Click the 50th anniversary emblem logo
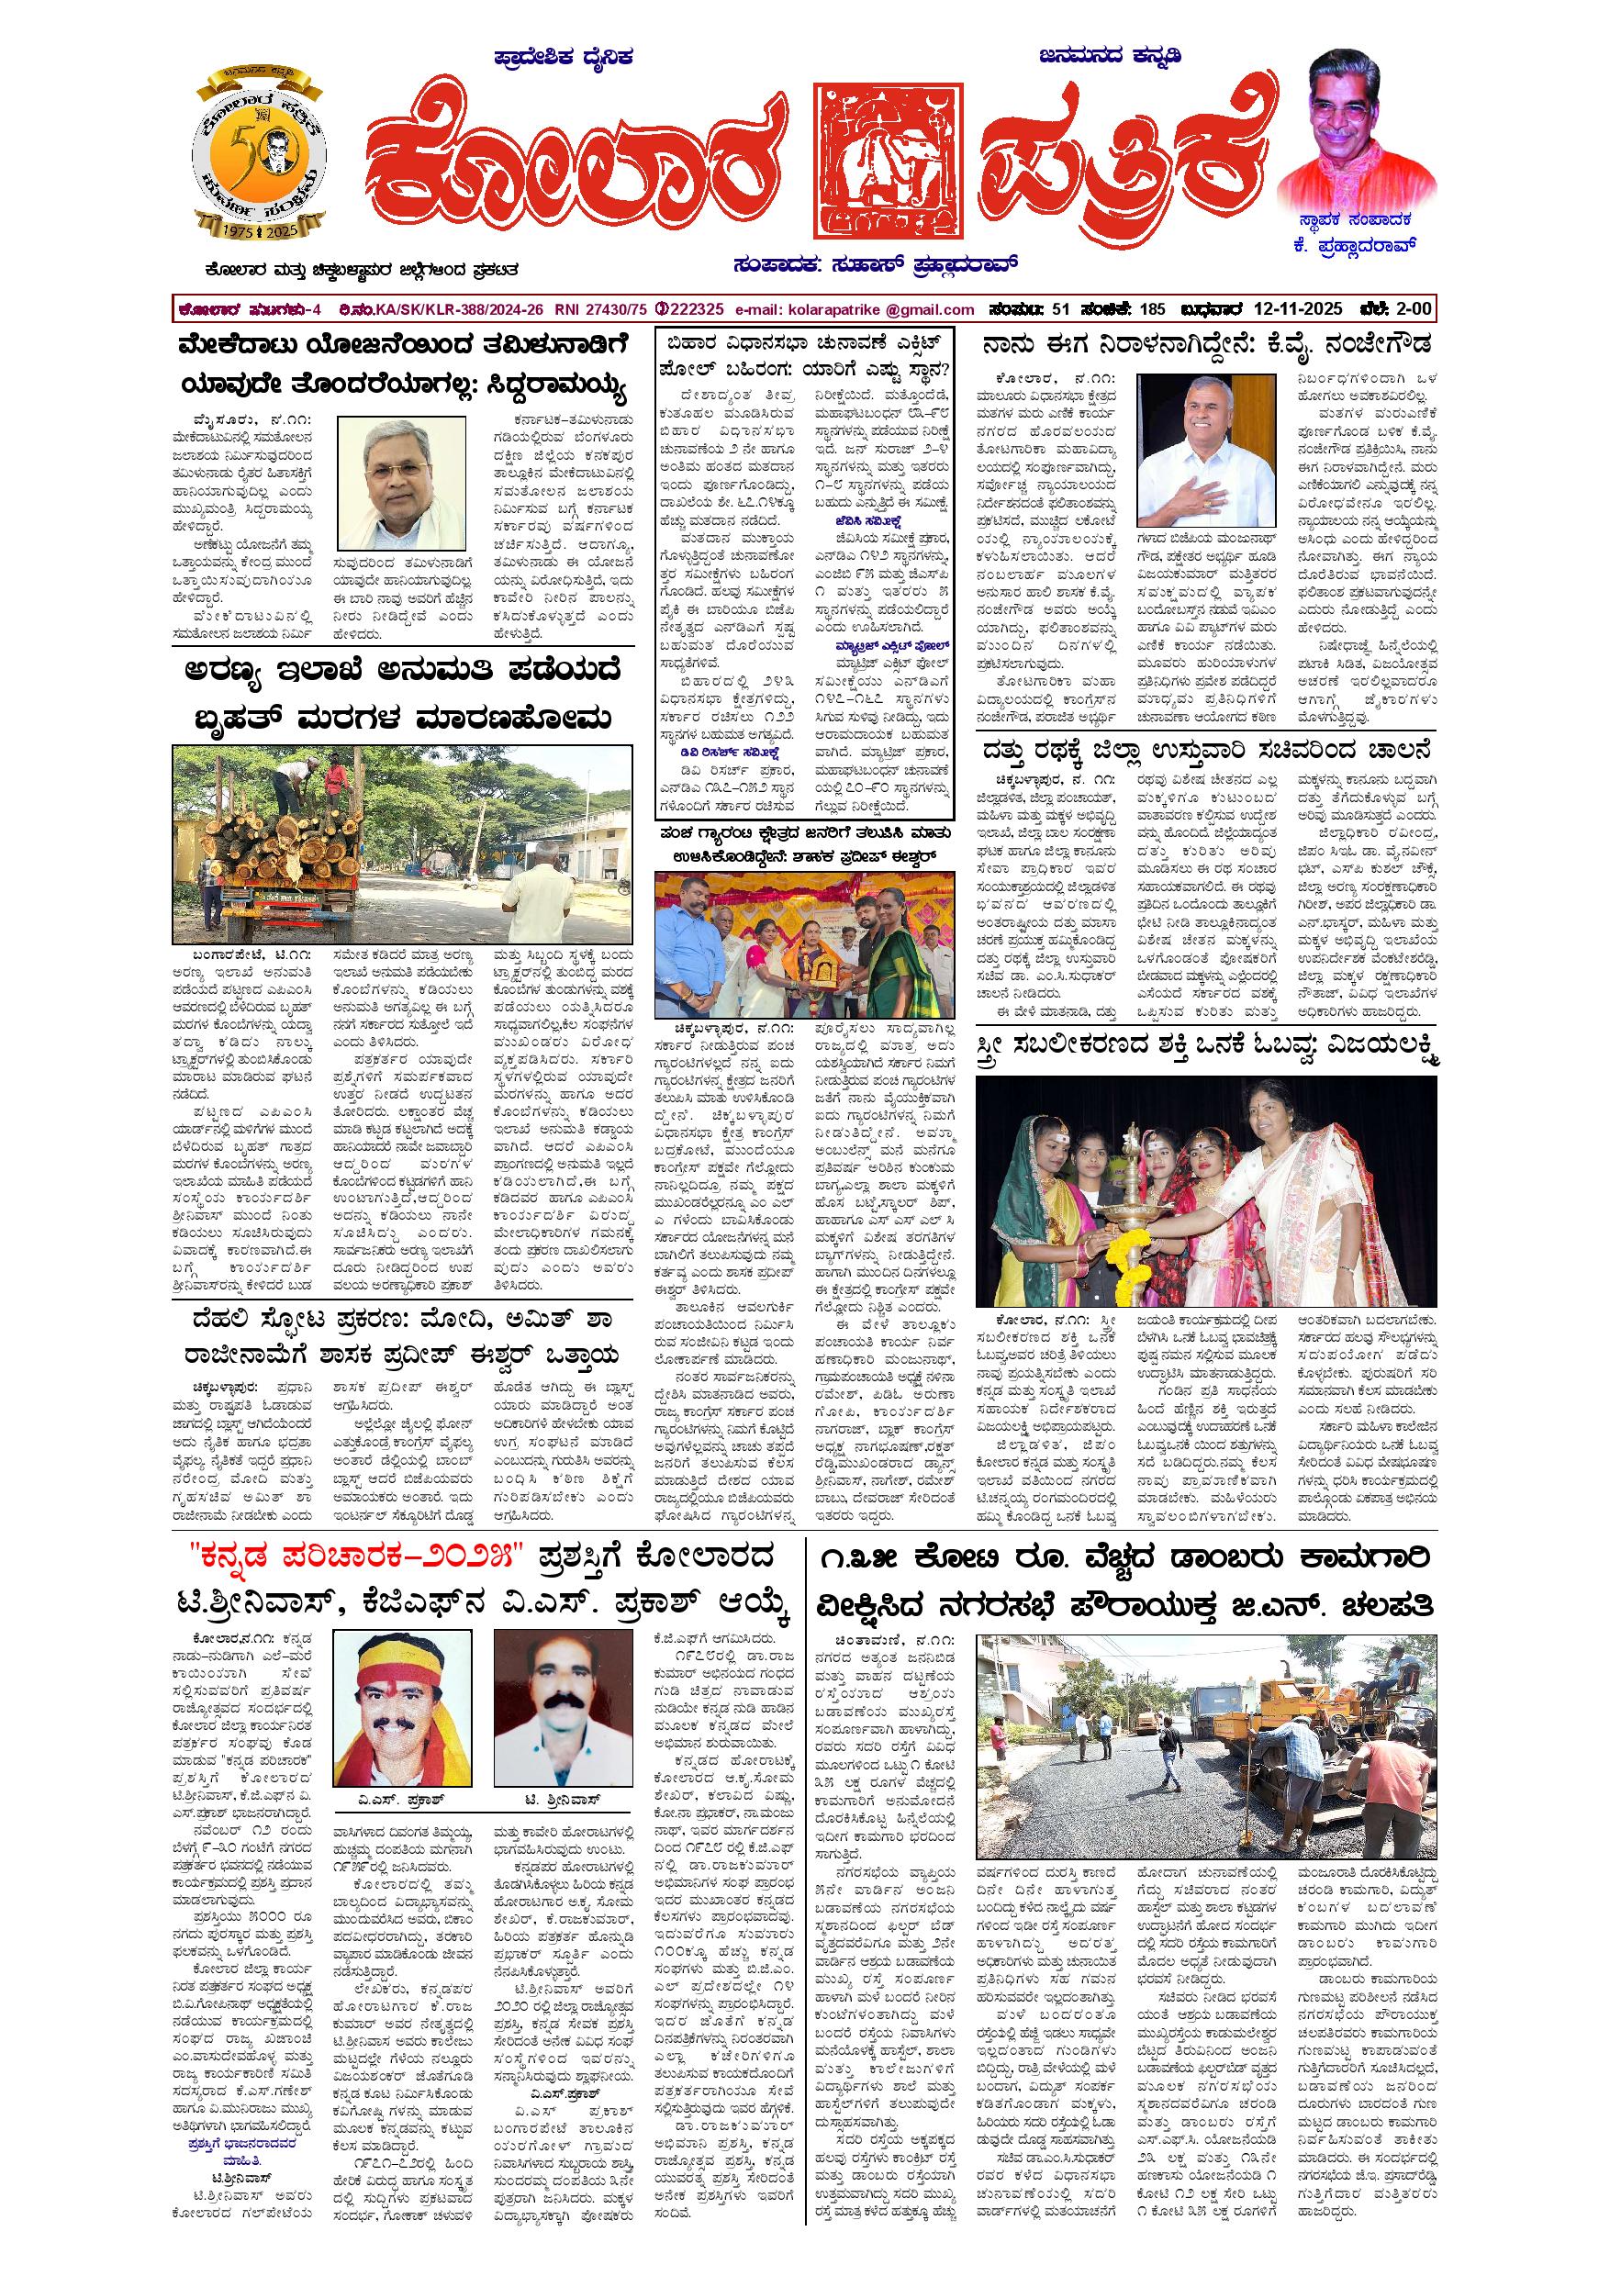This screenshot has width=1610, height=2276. pyautogui.click(x=258, y=161)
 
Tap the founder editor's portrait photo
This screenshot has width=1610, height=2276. pyautogui.click(x=1358, y=128)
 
